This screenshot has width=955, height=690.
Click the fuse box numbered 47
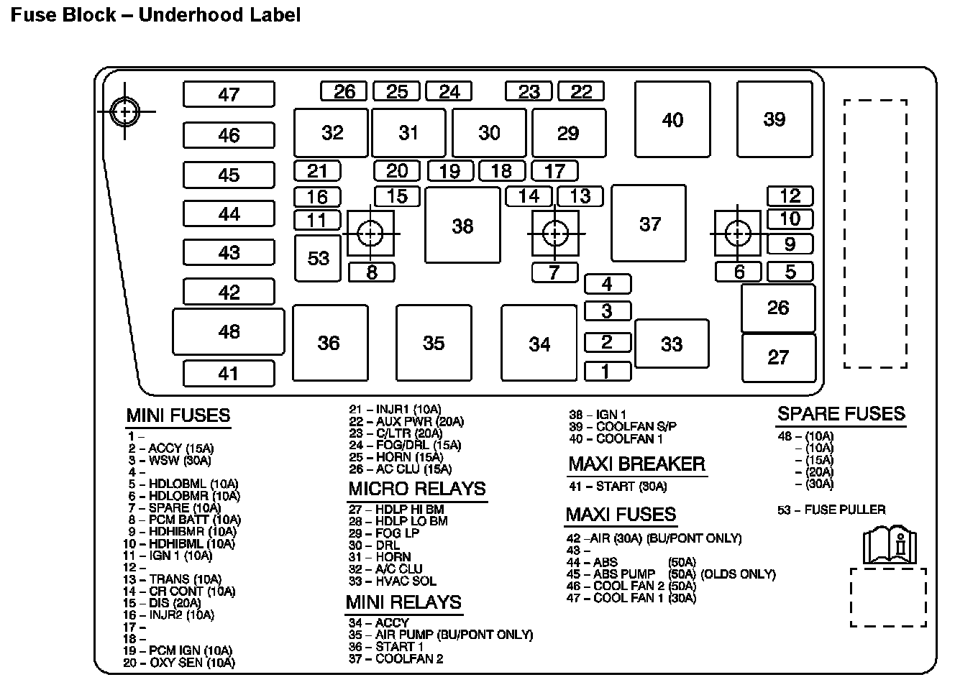click(x=229, y=94)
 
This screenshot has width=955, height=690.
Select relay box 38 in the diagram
click(x=462, y=226)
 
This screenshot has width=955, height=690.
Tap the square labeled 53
click(x=318, y=258)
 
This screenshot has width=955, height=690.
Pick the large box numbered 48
click(x=229, y=331)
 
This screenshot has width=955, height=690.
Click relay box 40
click(x=672, y=119)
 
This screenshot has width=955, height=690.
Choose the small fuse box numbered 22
click(x=581, y=91)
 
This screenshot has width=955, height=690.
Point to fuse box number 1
click(x=607, y=371)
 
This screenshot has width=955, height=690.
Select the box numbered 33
click(x=671, y=344)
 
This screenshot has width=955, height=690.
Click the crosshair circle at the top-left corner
click(x=125, y=111)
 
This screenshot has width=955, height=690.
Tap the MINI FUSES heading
click(x=178, y=415)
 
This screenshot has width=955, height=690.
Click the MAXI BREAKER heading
click(x=636, y=464)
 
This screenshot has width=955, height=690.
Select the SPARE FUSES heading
click(x=841, y=413)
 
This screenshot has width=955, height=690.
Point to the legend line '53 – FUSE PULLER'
click(x=831, y=510)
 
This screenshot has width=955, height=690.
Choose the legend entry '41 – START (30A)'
click(x=618, y=487)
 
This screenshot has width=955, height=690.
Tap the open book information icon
click(x=890, y=544)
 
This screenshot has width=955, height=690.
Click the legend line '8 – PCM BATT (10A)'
click(x=185, y=520)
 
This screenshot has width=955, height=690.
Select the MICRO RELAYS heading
click(x=417, y=489)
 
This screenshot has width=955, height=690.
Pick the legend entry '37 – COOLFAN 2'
click(x=396, y=658)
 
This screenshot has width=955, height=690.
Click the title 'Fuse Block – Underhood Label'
click(x=155, y=14)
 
